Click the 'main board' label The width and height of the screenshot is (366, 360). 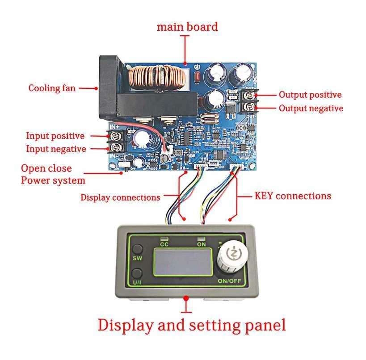pyautogui.click(x=187, y=27)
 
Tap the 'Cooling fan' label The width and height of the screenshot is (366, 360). pyautogui.click(x=52, y=88)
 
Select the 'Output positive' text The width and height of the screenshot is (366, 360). pyautogui.click(x=310, y=95)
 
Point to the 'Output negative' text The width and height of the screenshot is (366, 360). pyautogui.click(x=311, y=109)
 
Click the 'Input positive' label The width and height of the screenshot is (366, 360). pyautogui.click(x=55, y=136)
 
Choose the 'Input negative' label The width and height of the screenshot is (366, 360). pyautogui.click(x=56, y=149)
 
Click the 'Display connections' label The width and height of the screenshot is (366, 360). pyautogui.click(x=120, y=197)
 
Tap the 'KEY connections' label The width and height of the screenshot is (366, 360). pyautogui.click(x=293, y=196)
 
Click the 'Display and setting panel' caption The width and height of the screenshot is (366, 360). pyautogui.click(x=192, y=325)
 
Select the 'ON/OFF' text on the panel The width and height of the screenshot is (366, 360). pyautogui.click(x=230, y=281)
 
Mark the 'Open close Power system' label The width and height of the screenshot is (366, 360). pyautogui.click(x=53, y=175)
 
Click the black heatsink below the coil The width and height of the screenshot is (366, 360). pyautogui.click(x=156, y=103)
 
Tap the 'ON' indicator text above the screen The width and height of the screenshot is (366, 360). pyautogui.click(x=202, y=244)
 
